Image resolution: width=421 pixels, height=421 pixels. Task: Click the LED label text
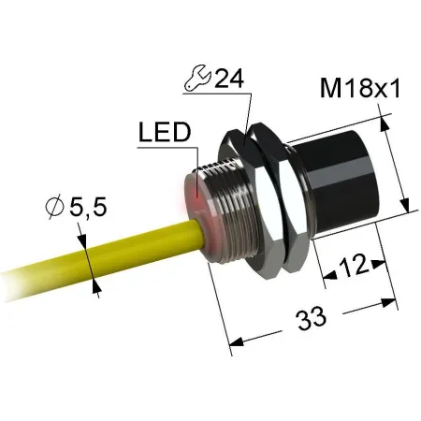click(x=165, y=132)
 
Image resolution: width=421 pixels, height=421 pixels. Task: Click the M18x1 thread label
click(x=359, y=89)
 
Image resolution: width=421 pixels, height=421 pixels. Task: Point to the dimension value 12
click(x=353, y=266)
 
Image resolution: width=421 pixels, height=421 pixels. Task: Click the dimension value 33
click(x=312, y=318)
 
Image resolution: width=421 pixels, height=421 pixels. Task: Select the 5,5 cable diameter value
click(x=88, y=207)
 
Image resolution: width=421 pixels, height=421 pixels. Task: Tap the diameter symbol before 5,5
click(x=54, y=207)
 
